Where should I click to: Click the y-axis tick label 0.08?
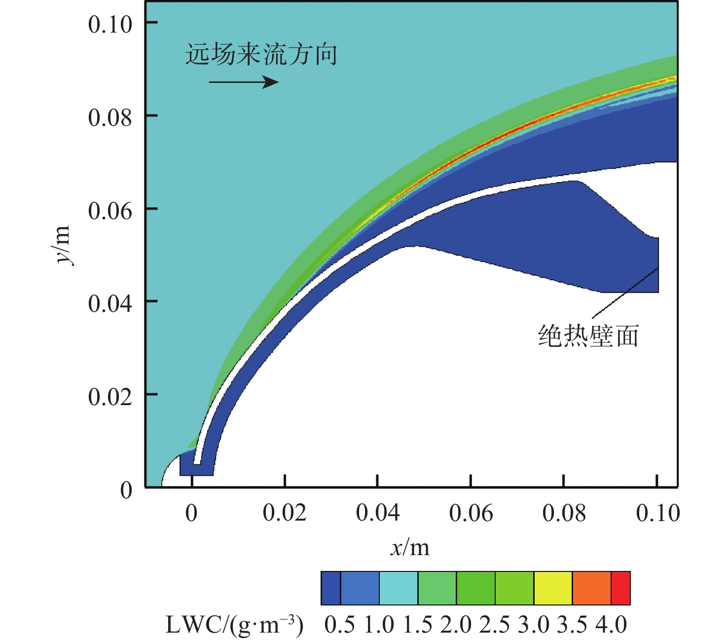110,117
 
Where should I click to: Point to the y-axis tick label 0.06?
110,211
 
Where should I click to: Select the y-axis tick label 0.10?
110,24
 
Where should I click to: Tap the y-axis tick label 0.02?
110,396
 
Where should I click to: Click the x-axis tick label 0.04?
378,513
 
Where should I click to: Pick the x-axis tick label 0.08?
564,513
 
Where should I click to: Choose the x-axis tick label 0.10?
658,513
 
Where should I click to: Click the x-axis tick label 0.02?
285,513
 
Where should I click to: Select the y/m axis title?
64,245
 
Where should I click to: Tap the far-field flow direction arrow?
244,81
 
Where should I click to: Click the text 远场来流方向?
261,54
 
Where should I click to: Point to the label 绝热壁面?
588,336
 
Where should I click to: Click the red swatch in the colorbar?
621,588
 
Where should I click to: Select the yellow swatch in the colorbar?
553,588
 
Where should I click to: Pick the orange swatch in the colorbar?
592,588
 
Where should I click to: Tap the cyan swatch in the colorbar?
399,588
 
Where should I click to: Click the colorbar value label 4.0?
611,625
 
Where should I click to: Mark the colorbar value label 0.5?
340,625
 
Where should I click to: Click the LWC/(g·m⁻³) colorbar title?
235,625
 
